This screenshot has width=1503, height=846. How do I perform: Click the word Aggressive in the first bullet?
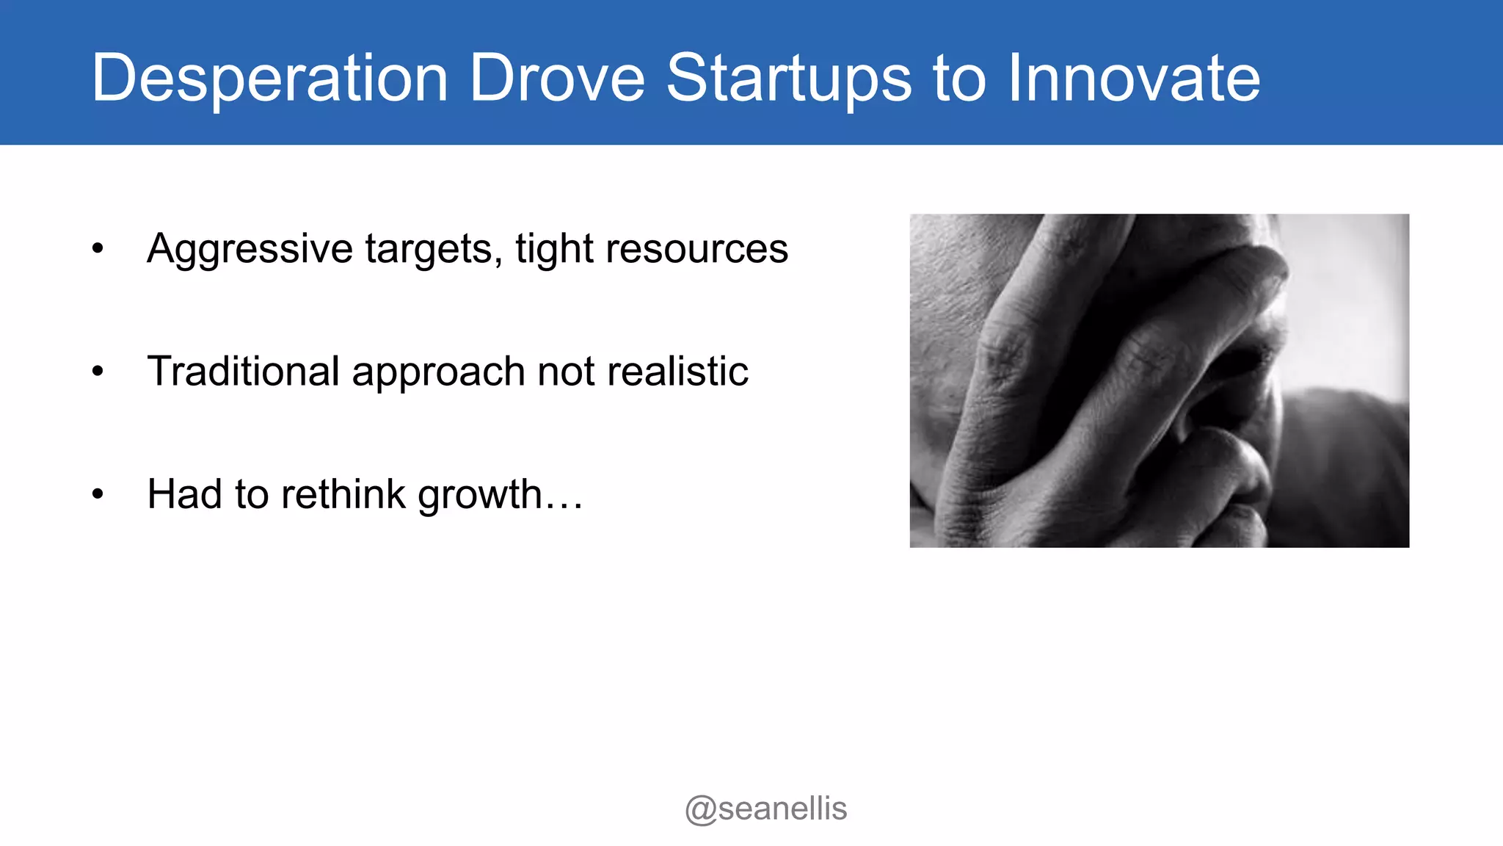click(x=250, y=248)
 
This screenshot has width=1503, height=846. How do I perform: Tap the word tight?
click(x=554, y=248)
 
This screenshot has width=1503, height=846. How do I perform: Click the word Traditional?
click(x=243, y=371)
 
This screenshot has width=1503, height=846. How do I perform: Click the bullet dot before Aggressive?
click(x=98, y=249)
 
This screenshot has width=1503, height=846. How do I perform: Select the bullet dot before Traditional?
click(x=98, y=372)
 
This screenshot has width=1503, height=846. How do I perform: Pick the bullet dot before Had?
click(x=98, y=494)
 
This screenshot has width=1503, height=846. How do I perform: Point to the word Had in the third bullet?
click(x=184, y=493)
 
